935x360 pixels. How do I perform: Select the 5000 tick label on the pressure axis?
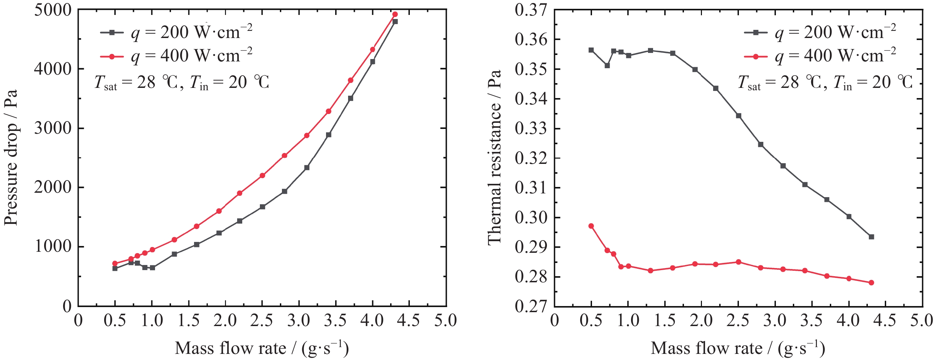tap(53, 10)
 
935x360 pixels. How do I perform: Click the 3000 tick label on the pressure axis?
tap(53, 129)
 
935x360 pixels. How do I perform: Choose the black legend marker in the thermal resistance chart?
tap(756, 33)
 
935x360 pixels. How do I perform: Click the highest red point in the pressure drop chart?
tap(395, 15)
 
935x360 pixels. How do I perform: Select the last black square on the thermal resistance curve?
tap(871, 237)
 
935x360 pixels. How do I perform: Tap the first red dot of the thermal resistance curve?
tap(591, 226)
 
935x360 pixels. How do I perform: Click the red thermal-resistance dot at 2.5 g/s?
tap(738, 262)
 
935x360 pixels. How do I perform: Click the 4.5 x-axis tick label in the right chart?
tap(885, 320)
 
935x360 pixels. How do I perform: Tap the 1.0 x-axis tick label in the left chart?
tap(152, 320)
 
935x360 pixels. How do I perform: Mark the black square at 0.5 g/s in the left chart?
tap(115, 268)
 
